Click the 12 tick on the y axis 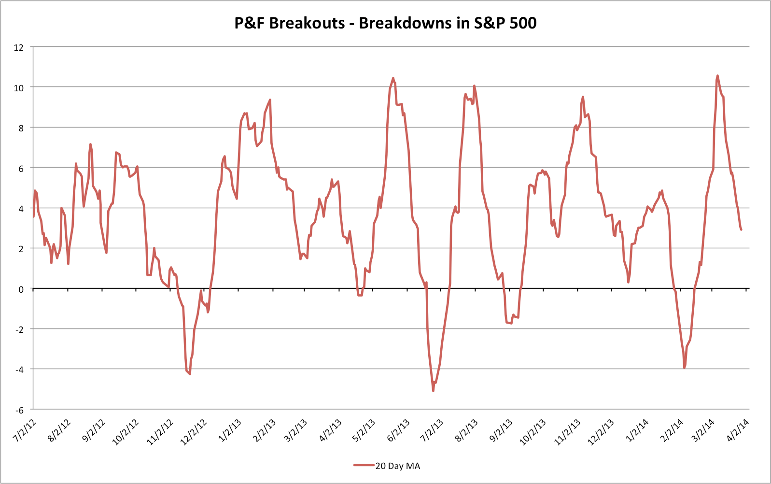point(19,47)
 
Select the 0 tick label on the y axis point(21,289)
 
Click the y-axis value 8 point(21,128)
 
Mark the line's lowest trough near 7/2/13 point(433,391)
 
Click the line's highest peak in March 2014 point(717,75)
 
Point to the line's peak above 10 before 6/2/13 point(393,78)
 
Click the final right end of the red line point(741,229)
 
